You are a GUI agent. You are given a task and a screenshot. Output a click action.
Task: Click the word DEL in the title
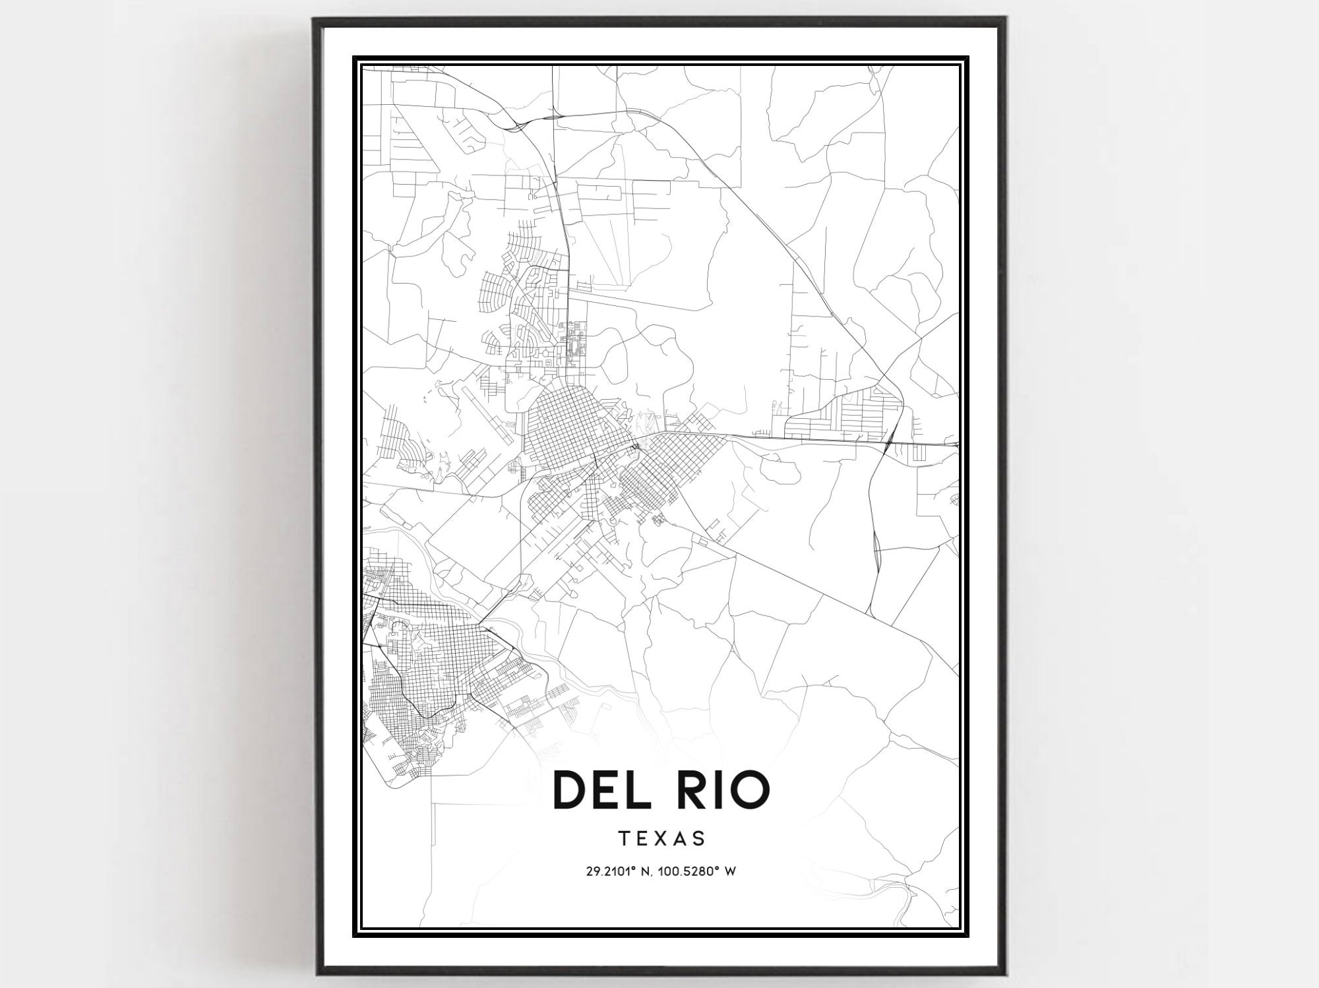601,789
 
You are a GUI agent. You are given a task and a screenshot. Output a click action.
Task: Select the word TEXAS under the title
661,839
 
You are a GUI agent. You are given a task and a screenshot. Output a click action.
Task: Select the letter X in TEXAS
661,839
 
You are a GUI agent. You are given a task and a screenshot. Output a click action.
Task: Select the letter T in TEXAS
624,839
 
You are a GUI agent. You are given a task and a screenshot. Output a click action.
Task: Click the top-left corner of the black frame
314,18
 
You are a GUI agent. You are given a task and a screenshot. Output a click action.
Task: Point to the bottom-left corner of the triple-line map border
353,936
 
